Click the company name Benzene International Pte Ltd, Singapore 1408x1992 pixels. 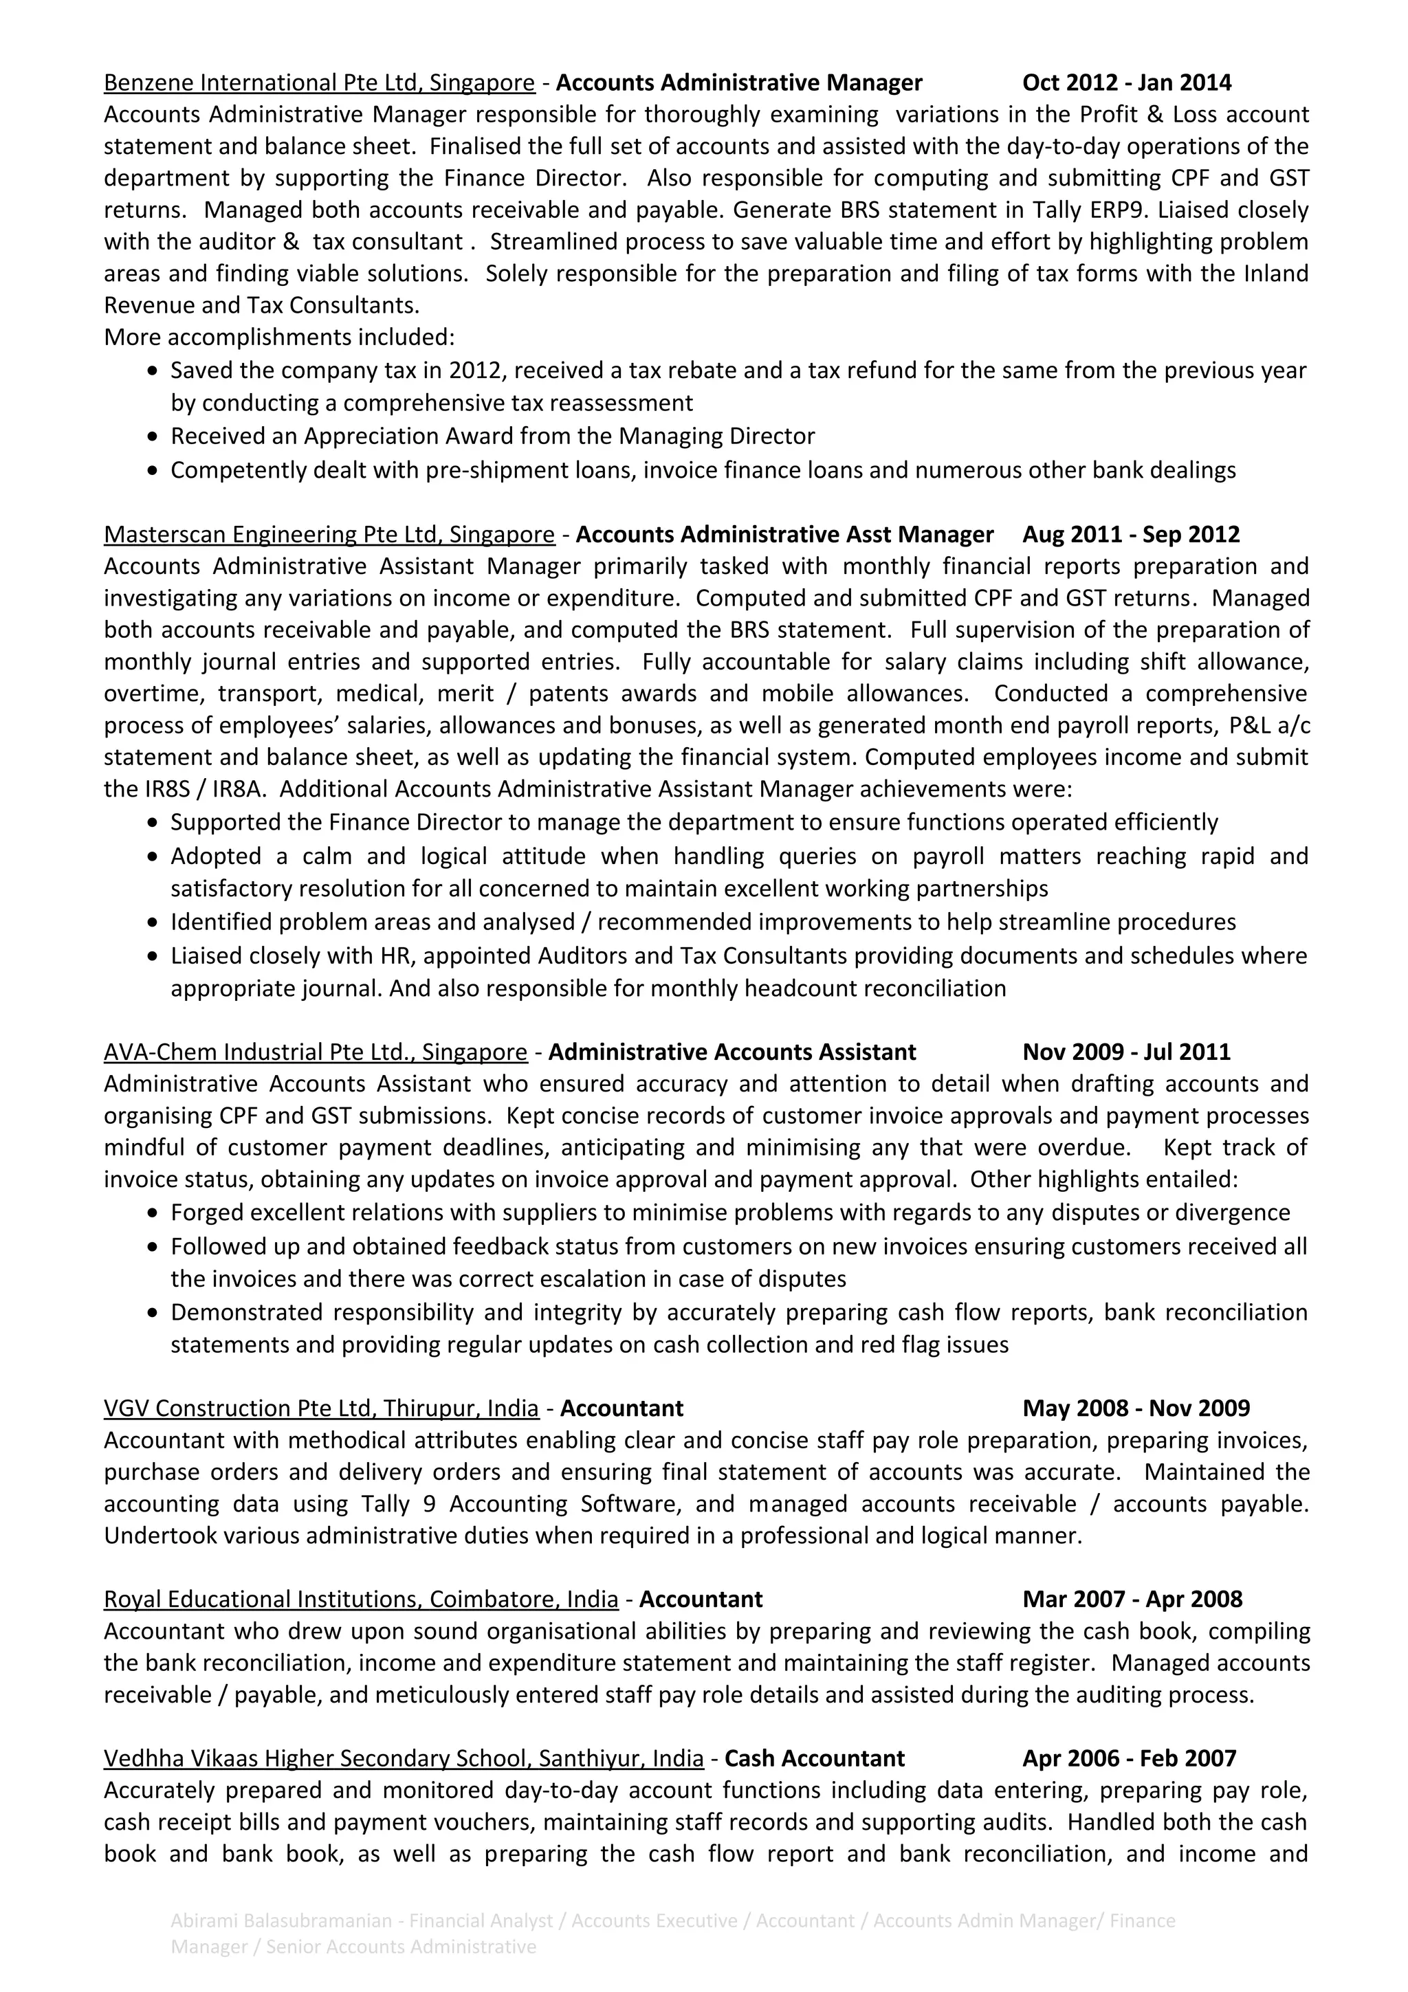(318, 82)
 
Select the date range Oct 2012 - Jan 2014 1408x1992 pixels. (1126, 82)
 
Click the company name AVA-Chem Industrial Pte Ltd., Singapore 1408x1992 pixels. (315, 1052)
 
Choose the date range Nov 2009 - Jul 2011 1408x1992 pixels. (1126, 1052)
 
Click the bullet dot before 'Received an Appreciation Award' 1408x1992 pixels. (153, 437)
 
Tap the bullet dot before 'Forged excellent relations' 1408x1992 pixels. (153, 1214)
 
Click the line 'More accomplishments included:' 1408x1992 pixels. (278, 337)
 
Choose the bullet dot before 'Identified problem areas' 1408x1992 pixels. (153, 923)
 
